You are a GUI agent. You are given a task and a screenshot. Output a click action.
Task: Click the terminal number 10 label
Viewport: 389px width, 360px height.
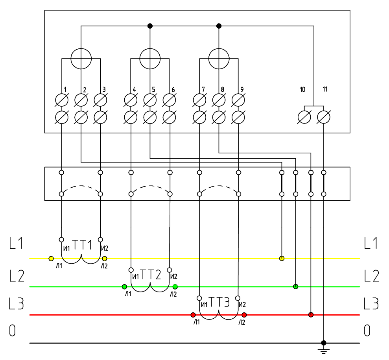coord(302,90)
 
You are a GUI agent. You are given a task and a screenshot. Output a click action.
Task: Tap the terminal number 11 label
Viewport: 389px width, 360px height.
coord(324,89)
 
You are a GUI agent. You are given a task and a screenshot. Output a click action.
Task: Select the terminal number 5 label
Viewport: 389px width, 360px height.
coord(153,89)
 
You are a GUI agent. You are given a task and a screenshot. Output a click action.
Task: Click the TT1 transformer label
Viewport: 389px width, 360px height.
coord(82,246)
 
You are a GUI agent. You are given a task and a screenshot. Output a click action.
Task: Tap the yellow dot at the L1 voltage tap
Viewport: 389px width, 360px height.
coord(282,258)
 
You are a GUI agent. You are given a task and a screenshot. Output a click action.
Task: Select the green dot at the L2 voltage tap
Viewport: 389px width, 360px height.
coord(295,286)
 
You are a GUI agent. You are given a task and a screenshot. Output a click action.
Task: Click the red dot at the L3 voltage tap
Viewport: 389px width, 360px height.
coord(311,315)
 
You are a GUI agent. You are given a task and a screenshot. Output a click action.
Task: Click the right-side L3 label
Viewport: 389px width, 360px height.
coord(371,304)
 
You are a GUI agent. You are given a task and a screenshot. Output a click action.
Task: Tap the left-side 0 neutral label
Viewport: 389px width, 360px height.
coord(13,331)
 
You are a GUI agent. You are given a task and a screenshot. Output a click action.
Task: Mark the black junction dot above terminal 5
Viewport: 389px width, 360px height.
coord(150,26)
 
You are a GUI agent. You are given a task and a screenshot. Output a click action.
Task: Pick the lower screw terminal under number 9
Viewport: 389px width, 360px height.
coord(238,117)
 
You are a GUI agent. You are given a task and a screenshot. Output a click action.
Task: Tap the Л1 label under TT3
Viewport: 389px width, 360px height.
coord(197,323)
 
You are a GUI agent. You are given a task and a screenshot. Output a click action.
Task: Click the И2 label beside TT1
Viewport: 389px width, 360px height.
coord(105,248)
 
